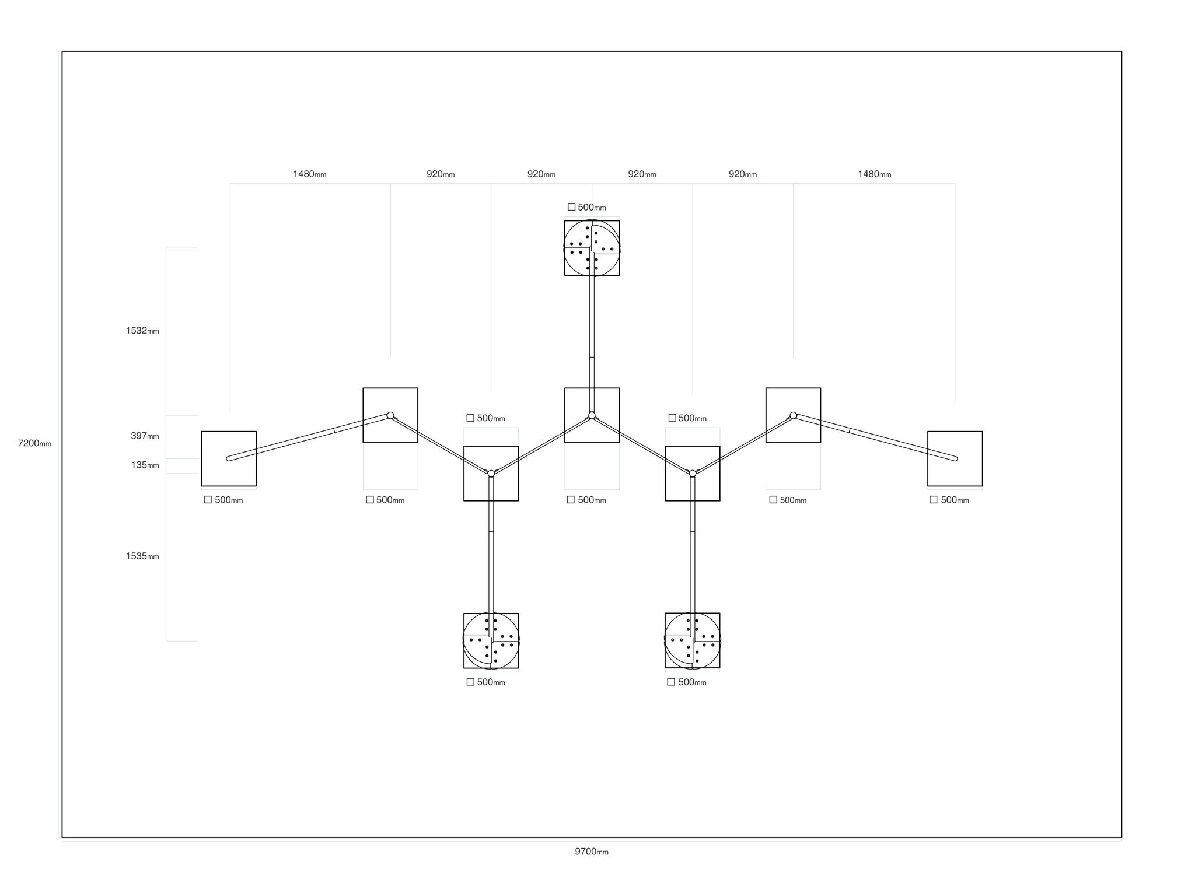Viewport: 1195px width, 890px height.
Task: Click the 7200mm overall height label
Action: (34, 443)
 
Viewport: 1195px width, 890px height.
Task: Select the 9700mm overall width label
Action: (592, 852)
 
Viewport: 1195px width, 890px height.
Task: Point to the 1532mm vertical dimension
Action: (142, 331)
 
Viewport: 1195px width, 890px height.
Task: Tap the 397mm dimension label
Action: (145, 436)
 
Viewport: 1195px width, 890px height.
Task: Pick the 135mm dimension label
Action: (145, 465)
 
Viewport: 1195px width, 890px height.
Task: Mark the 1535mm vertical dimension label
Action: (142, 556)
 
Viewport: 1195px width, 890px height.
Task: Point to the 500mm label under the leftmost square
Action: (223, 500)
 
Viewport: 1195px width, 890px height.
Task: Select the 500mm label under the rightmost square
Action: (949, 500)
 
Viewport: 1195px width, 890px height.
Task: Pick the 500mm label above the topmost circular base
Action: (587, 207)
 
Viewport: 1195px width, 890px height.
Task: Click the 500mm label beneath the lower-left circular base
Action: (486, 682)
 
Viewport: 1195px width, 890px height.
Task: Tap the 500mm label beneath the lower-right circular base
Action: (687, 682)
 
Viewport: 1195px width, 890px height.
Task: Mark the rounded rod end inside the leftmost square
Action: (229, 458)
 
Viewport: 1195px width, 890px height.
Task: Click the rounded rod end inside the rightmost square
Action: (955, 458)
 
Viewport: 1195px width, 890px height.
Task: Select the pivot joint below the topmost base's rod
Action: (592, 415)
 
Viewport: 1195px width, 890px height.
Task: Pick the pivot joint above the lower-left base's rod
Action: (491, 473)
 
